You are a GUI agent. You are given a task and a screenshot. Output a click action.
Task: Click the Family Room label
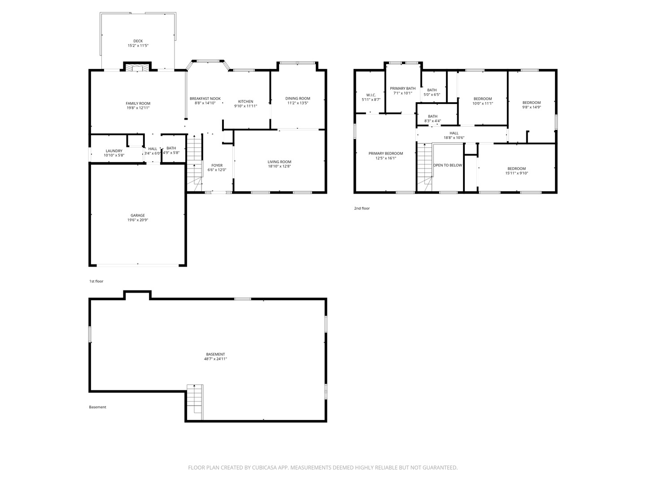(138, 104)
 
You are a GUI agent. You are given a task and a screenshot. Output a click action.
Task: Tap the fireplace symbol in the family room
(137, 68)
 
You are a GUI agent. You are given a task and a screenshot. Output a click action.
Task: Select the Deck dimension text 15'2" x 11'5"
(138, 46)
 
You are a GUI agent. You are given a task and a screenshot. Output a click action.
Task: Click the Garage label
(138, 216)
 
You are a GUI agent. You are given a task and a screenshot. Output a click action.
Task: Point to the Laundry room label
(114, 151)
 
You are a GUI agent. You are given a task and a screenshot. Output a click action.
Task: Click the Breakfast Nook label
(205, 99)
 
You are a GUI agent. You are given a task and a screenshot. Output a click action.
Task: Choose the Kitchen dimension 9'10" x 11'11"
(245, 106)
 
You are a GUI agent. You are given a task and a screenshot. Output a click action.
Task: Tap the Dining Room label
(297, 99)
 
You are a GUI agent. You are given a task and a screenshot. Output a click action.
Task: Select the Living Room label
(279, 162)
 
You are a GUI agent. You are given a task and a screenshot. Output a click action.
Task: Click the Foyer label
(217, 165)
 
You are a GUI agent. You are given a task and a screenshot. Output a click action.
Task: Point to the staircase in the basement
(195, 399)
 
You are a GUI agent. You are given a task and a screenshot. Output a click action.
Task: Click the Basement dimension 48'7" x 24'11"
(216, 359)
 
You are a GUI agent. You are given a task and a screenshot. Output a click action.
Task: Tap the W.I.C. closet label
(371, 95)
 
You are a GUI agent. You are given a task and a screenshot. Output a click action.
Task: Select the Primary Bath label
(402, 88)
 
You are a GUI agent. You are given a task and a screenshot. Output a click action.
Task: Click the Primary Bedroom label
(386, 153)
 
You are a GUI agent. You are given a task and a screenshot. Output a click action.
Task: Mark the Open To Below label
(447, 165)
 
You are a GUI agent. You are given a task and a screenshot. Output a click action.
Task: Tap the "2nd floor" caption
(362, 208)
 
